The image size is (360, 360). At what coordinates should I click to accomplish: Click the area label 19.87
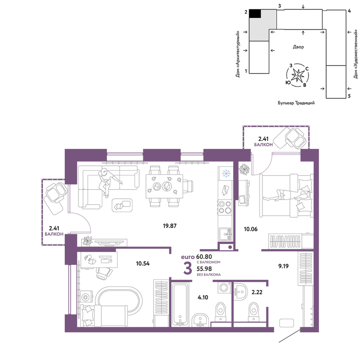[170, 226]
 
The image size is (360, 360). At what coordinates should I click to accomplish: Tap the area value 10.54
[143, 264]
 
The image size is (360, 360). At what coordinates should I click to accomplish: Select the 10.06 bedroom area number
[251, 229]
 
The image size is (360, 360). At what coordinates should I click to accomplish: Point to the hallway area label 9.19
[283, 266]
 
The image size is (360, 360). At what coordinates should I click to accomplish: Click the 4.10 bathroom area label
[203, 298]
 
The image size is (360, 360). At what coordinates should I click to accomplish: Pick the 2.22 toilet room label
[257, 292]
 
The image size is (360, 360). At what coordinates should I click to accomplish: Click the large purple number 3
[188, 269]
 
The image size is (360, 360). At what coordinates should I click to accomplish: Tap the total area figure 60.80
[204, 257]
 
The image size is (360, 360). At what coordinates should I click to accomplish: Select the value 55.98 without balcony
[204, 269]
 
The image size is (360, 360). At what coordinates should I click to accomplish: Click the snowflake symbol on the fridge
[226, 174]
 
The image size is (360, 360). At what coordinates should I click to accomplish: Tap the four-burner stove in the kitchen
[225, 207]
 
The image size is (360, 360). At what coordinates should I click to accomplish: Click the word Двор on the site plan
[298, 47]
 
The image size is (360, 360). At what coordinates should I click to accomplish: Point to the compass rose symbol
[298, 75]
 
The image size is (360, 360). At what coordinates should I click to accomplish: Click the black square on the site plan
[255, 14]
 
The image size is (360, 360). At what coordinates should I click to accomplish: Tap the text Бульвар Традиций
[296, 103]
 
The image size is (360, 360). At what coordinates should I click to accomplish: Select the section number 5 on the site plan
[349, 96]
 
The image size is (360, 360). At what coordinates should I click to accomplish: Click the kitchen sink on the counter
[225, 234]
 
